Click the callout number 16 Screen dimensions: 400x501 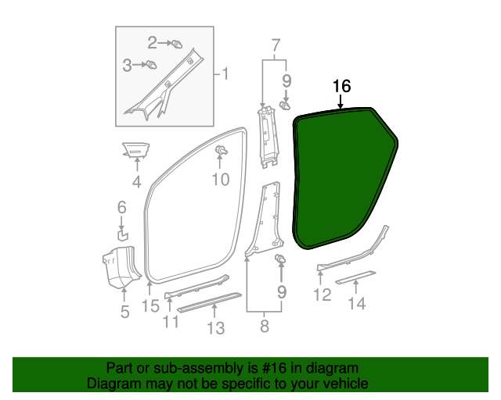(x=341, y=86)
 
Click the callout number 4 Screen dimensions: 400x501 (x=136, y=183)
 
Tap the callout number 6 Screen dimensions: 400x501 (x=121, y=207)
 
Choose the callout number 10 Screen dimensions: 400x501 (x=220, y=180)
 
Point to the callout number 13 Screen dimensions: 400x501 (x=216, y=327)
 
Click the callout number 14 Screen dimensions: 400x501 (x=357, y=304)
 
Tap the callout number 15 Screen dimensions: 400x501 (x=150, y=306)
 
